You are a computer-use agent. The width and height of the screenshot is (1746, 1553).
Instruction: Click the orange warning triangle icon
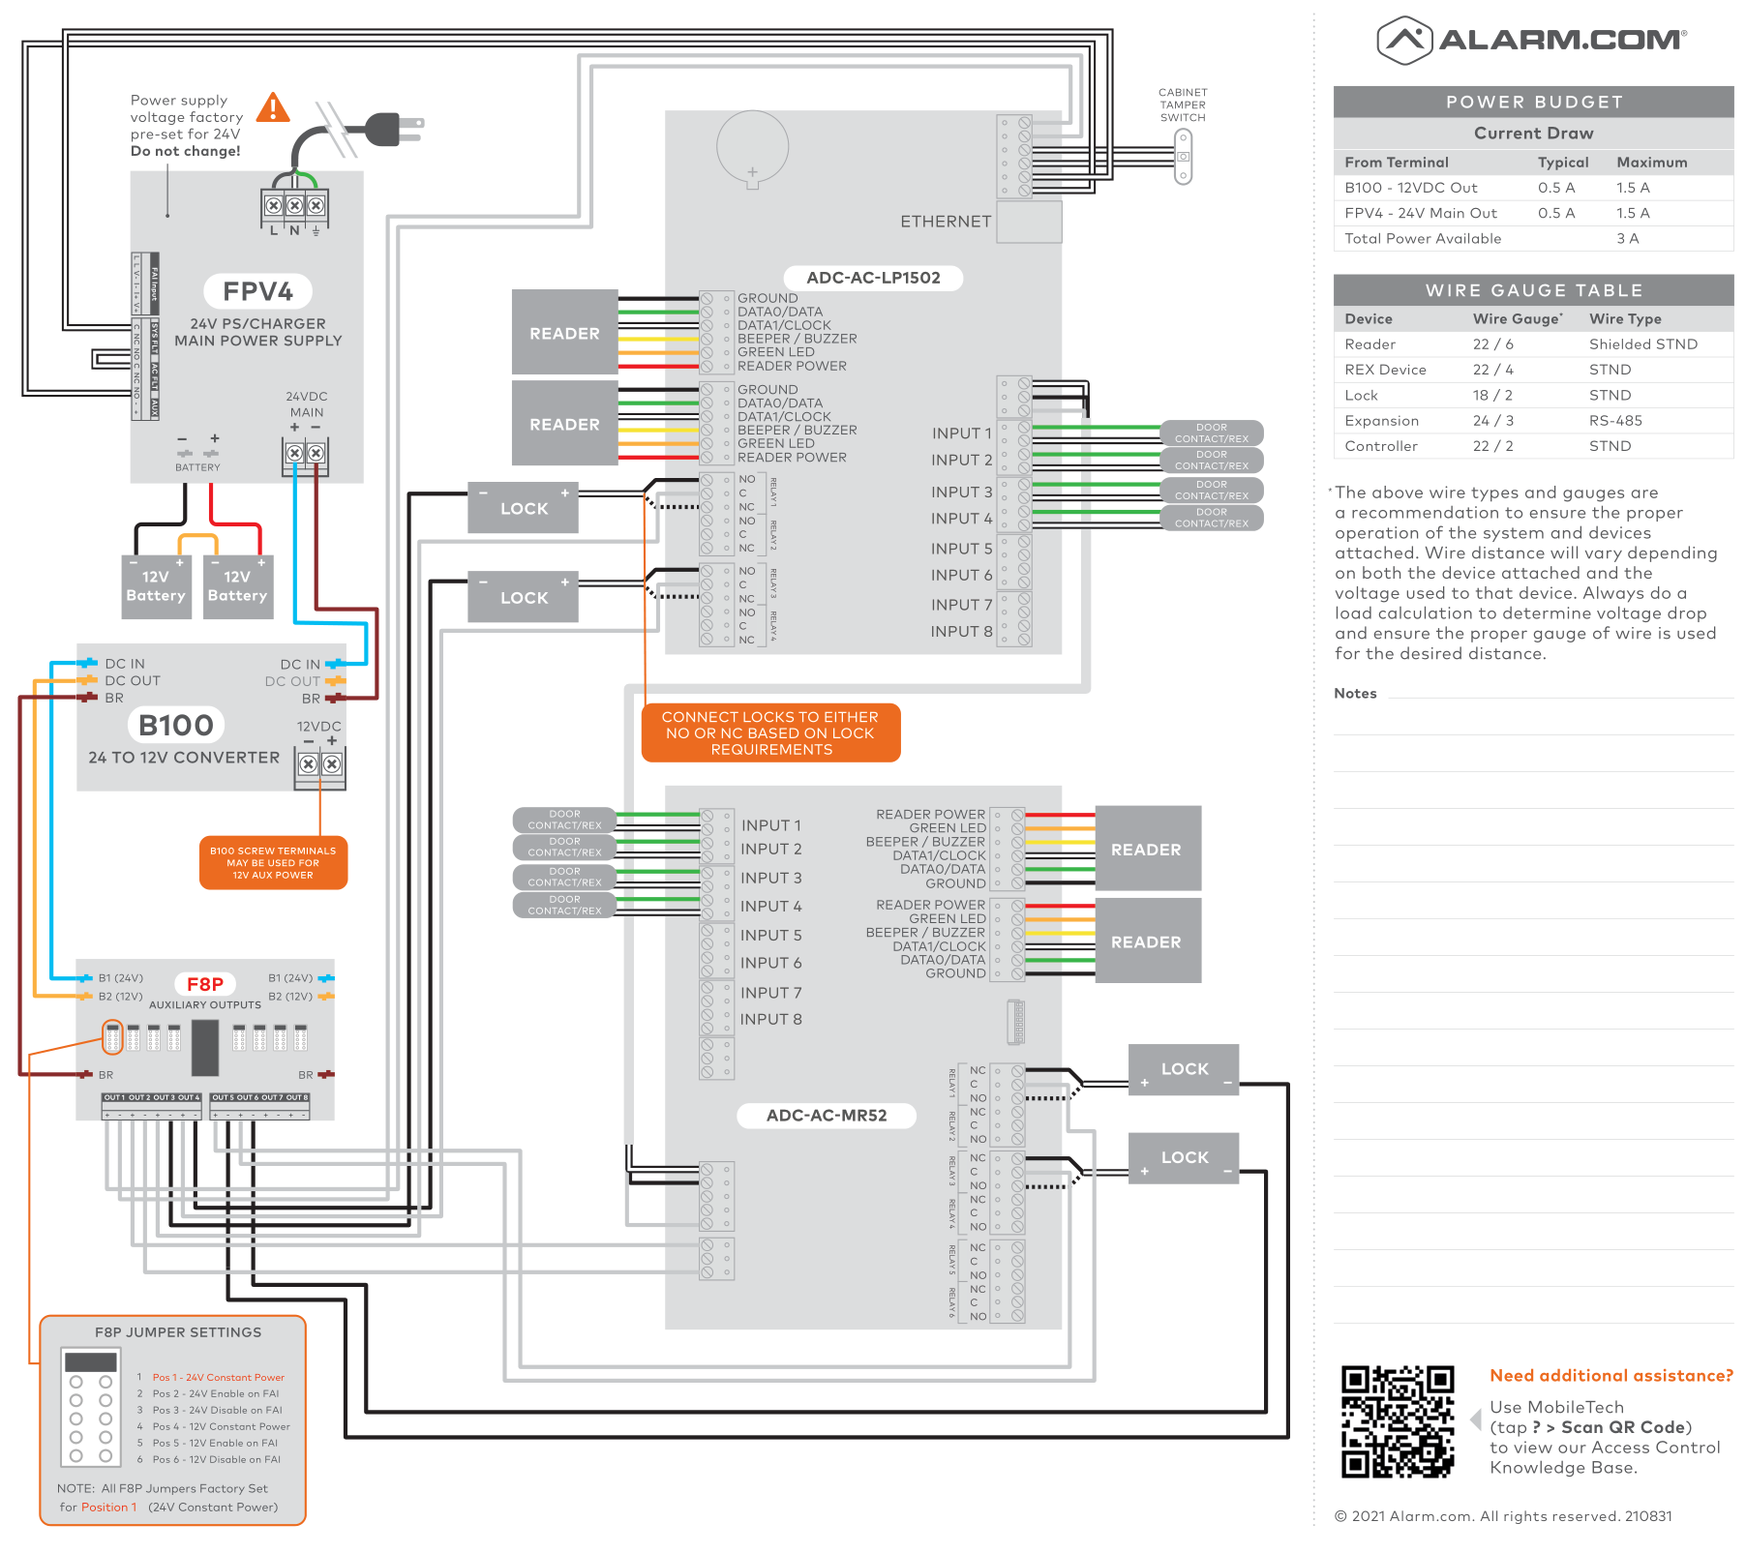tap(273, 107)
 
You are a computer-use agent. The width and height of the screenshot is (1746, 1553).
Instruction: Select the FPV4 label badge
tap(257, 291)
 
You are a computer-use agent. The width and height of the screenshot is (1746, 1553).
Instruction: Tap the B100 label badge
tap(176, 725)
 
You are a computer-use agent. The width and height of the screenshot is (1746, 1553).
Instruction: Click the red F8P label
tap(205, 984)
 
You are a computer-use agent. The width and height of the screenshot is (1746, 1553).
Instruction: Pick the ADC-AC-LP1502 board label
tap(873, 278)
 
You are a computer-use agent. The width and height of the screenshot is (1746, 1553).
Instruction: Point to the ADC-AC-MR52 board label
tap(827, 1116)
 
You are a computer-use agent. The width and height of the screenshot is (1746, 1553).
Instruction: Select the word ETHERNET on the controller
tap(946, 222)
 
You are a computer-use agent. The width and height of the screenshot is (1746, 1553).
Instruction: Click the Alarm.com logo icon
tap(1404, 40)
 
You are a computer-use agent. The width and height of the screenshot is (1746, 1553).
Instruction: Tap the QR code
tap(1398, 1421)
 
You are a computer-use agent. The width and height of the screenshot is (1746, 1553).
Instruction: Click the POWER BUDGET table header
tap(1533, 102)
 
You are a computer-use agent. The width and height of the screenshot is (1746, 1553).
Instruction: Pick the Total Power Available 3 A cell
tap(1627, 239)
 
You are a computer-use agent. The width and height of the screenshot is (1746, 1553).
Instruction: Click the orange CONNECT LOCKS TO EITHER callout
tap(770, 733)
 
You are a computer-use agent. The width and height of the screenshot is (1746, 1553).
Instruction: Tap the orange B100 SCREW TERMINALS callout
tap(273, 863)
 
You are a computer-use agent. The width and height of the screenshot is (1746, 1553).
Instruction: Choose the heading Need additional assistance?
tap(1611, 1376)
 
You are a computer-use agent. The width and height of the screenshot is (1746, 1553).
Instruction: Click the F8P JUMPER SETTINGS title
tap(178, 1332)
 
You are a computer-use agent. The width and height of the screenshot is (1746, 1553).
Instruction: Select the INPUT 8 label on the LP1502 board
tap(961, 632)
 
